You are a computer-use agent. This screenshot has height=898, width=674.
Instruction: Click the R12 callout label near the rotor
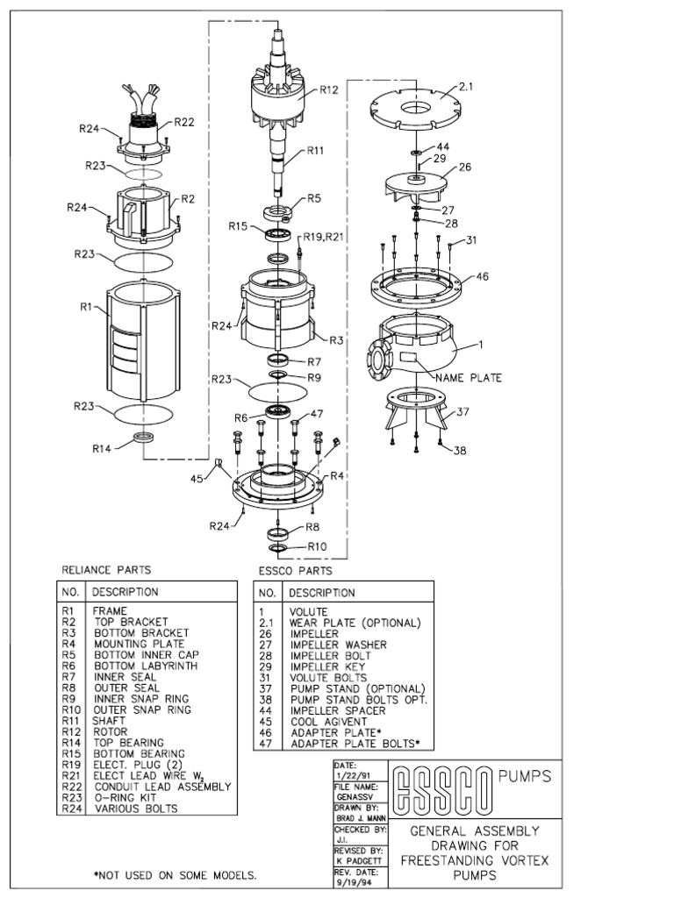pos(329,89)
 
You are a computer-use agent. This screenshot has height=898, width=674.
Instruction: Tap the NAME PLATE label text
pos(469,378)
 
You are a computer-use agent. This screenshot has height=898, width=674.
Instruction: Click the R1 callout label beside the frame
pos(87,307)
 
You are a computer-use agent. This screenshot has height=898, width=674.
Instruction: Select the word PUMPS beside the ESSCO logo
pos(524,776)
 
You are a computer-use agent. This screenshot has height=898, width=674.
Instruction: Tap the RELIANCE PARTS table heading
pos(105,569)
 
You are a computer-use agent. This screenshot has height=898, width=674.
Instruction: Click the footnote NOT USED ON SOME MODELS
pos(176,875)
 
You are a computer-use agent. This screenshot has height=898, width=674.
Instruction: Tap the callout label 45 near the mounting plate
pos(200,479)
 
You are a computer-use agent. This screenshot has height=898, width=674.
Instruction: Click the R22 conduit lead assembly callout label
pos(183,123)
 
